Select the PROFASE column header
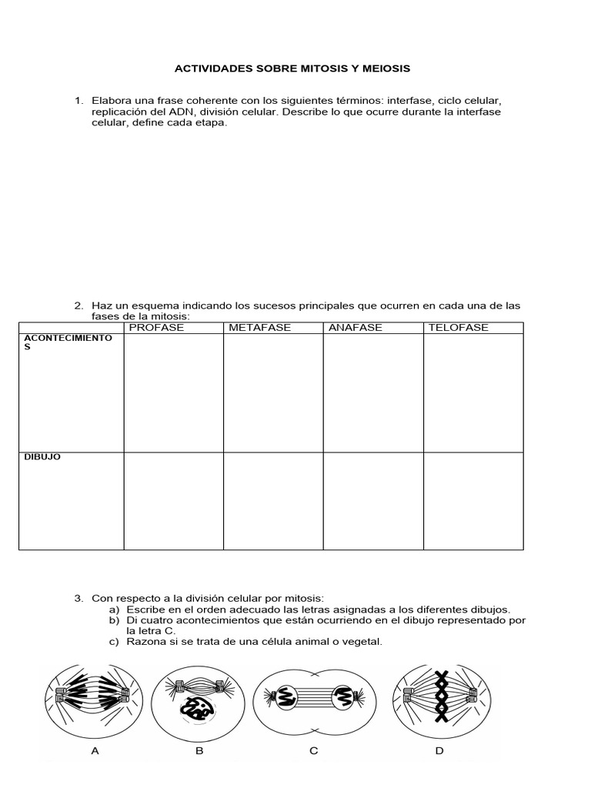click(156, 328)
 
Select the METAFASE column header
click(259, 328)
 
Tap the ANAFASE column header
click(355, 328)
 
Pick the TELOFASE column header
click(458, 328)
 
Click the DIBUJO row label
click(42, 457)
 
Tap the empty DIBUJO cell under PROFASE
click(173, 501)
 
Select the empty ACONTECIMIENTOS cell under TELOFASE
click(472, 392)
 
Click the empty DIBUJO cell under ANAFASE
click(372, 501)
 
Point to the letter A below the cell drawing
click(95, 751)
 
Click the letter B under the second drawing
click(199, 751)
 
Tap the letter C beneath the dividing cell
click(313, 751)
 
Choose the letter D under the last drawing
click(439, 751)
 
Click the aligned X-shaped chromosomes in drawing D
click(442, 697)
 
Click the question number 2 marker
click(78, 306)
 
